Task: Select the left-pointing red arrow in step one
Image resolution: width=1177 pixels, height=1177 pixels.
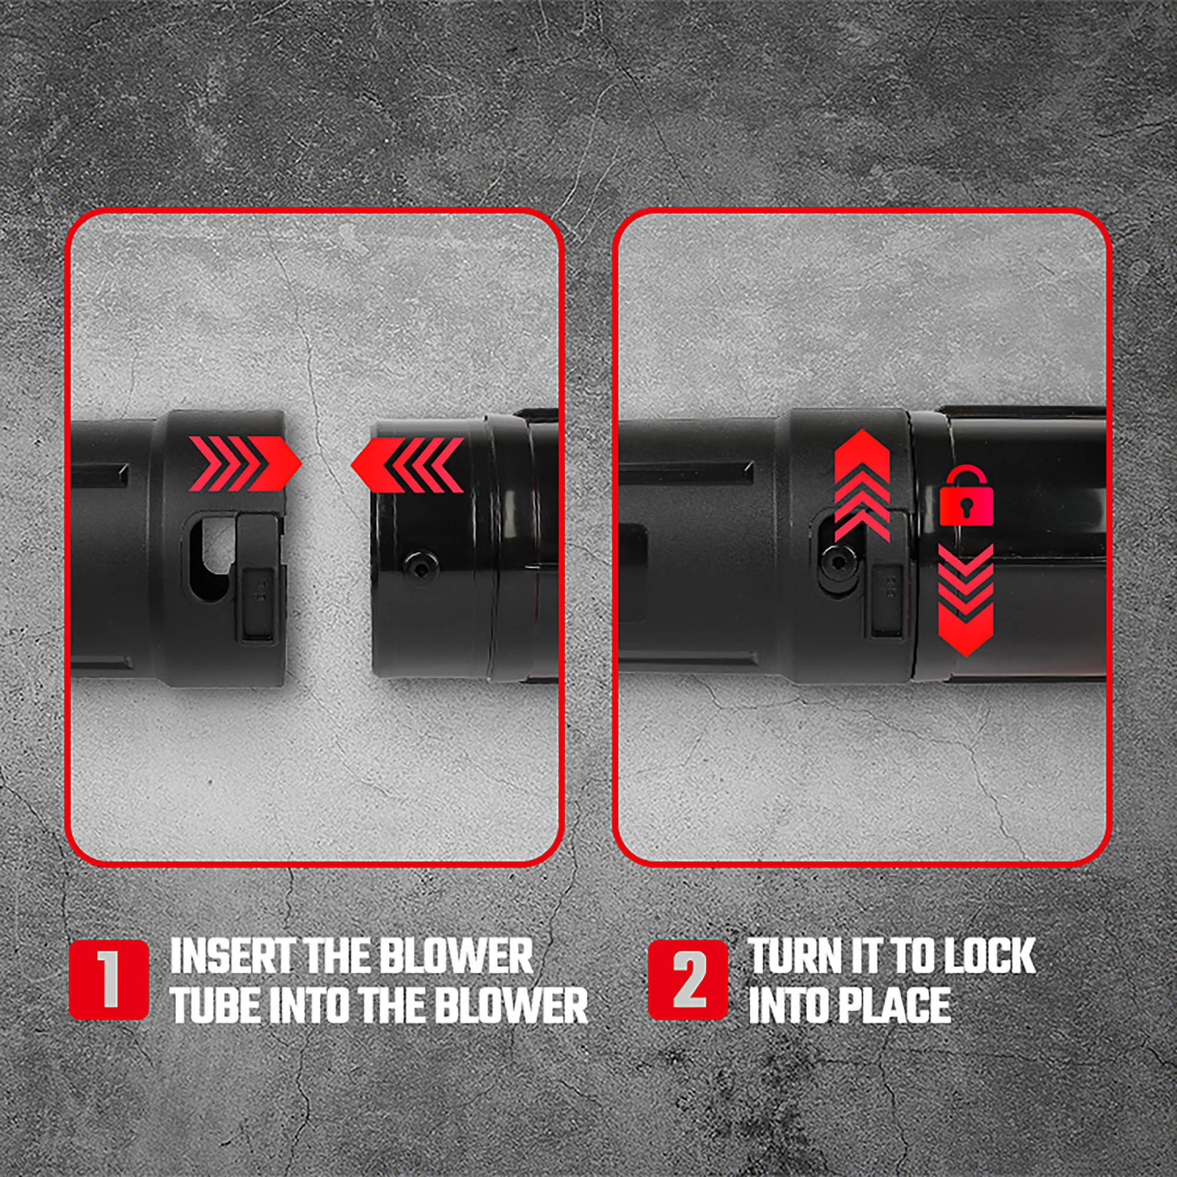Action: tap(406, 466)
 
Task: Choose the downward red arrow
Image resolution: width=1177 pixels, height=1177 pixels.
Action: tap(966, 600)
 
